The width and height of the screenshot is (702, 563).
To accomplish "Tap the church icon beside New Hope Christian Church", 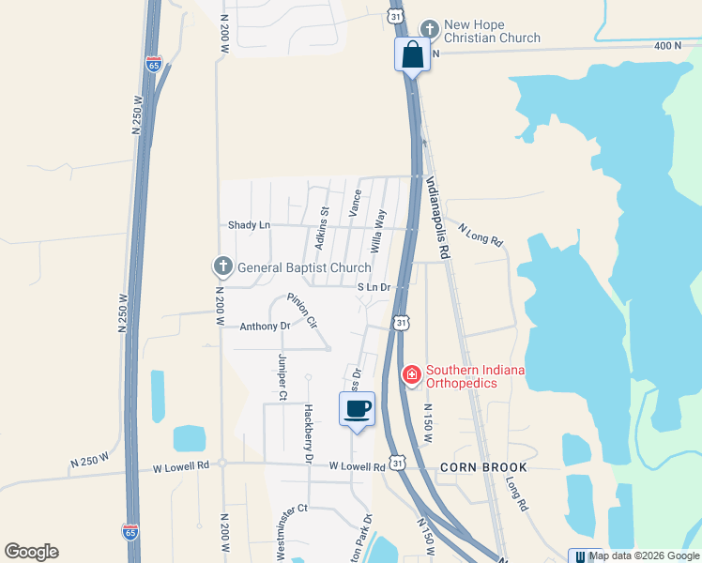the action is (x=430, y=28).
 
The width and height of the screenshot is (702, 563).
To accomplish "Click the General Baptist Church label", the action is (x=304, y=267).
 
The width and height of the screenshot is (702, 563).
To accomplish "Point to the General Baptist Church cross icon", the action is (x=223, y=267).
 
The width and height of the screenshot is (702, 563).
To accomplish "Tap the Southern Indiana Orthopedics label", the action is (x=475, y=376).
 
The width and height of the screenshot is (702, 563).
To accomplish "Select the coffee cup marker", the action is (x=357, y=409).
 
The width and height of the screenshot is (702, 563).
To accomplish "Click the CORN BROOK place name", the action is (x=484, y=466).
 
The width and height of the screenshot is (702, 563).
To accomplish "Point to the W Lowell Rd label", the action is (x=357, y=466).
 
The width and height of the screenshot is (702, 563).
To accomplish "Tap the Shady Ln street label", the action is (x=249, y=225).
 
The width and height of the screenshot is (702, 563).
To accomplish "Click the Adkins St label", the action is (x=322, y=228).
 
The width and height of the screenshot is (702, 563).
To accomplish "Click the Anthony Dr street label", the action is (x=265, y=327).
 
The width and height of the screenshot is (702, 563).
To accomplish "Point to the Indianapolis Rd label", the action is (x=438, y=219).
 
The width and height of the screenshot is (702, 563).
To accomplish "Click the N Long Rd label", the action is (x=481, y=234).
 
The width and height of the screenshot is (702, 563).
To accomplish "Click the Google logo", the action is (x=31, y=552).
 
